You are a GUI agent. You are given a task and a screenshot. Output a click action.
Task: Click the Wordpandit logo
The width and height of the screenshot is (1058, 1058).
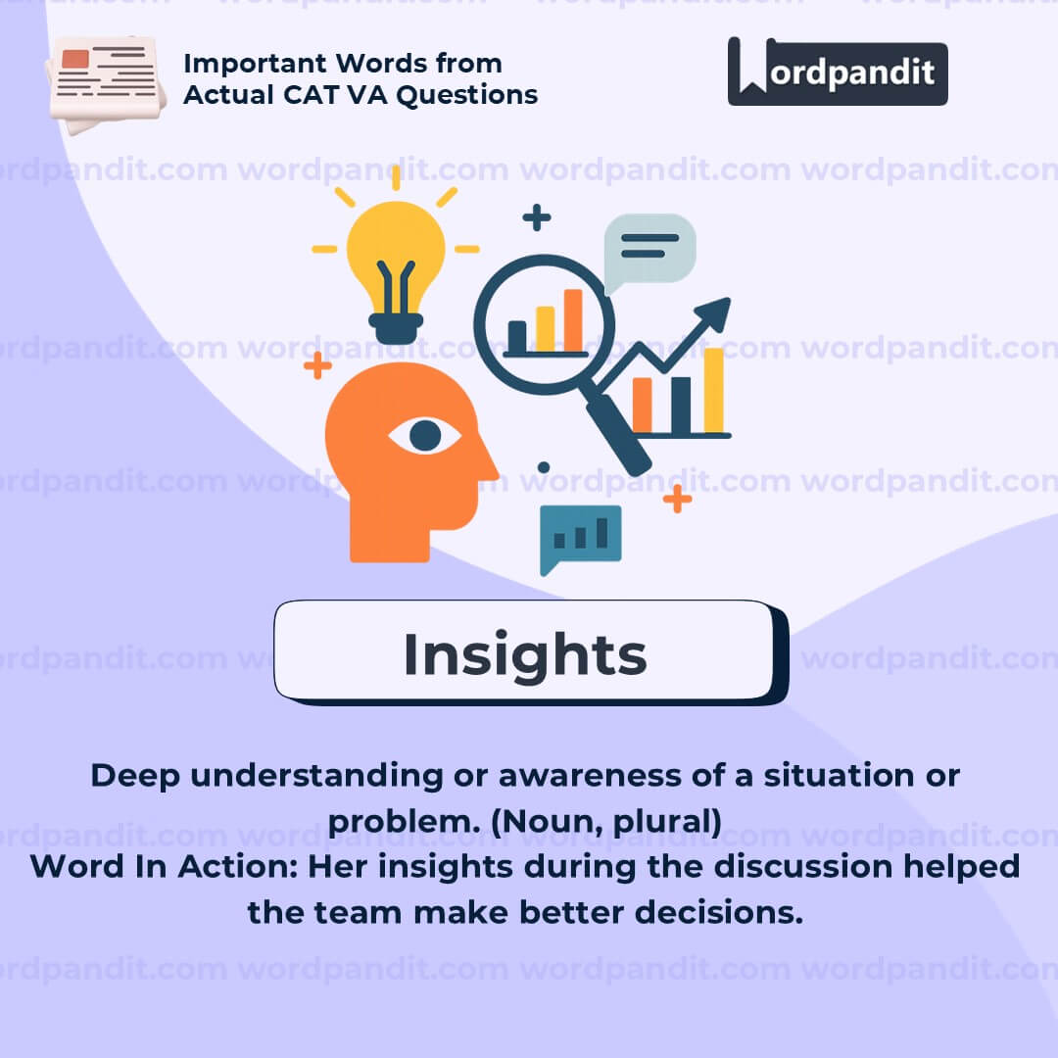point(838,72)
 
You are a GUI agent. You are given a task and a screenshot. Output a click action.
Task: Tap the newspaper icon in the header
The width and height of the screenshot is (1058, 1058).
point(106,84)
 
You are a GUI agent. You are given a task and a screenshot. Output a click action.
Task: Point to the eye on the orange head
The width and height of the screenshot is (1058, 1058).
point(424,436)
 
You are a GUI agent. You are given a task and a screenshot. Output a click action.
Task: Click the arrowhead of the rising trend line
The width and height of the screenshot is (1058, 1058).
point(714,313)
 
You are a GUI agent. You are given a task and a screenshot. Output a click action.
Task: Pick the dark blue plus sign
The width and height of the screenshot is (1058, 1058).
point(537,217)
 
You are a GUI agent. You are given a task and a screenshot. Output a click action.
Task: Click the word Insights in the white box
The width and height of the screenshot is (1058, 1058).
point(525,653)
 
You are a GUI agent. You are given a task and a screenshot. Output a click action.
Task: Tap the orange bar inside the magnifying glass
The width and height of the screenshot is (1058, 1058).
point(573,321)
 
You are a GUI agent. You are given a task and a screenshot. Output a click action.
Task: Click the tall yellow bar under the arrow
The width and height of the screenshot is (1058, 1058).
point(714,390)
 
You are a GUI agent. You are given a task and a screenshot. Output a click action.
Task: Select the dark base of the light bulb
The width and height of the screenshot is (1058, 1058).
point(396,328)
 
